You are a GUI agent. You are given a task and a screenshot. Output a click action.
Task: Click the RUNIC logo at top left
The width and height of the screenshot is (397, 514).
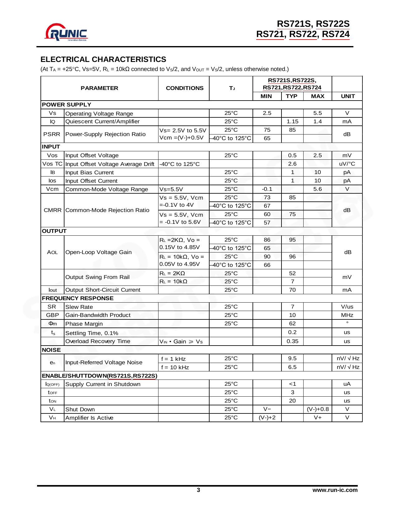[66, 33]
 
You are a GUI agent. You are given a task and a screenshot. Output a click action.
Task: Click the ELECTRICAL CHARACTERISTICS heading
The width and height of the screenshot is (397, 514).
[103, 59]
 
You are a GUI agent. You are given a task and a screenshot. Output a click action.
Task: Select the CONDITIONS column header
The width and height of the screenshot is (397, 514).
[184, 88]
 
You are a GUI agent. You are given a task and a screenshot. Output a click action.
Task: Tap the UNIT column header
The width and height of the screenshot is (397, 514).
[347, 96]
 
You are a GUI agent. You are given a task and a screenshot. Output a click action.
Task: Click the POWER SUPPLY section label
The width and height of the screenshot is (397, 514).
[67, 105]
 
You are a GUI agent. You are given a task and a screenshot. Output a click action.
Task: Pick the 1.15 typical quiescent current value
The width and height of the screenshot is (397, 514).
[292, 121]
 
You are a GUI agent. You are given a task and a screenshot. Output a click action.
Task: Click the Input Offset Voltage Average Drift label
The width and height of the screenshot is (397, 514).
[110, 164]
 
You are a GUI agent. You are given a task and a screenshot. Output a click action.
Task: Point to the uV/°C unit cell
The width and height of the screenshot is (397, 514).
[347, 164]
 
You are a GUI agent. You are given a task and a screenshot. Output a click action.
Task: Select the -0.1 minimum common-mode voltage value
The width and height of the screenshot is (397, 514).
[267, 189]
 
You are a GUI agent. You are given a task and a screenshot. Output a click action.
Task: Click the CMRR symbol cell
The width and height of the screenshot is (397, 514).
[53, 210]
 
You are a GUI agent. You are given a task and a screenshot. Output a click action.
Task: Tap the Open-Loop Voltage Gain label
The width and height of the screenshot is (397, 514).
[98, 252]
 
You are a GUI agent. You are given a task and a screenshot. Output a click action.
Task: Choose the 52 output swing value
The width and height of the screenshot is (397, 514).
[292, 273]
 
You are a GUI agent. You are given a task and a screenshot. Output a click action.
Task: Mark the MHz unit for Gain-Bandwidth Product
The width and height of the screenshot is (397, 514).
[347, 315]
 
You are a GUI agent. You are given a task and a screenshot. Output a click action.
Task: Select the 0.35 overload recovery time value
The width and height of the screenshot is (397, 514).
[292, 341]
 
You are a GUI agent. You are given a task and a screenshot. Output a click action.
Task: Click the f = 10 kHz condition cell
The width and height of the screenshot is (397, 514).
[175, 367]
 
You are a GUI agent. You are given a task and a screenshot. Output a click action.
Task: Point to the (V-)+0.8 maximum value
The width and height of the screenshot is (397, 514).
[318, 409]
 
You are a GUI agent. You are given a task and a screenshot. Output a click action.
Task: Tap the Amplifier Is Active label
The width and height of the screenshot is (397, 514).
[89, 418]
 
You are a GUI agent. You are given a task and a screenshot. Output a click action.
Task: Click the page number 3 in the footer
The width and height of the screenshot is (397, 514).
[198, 490]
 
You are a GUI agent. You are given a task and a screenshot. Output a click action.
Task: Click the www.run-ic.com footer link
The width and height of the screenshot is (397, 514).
[335, 490]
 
